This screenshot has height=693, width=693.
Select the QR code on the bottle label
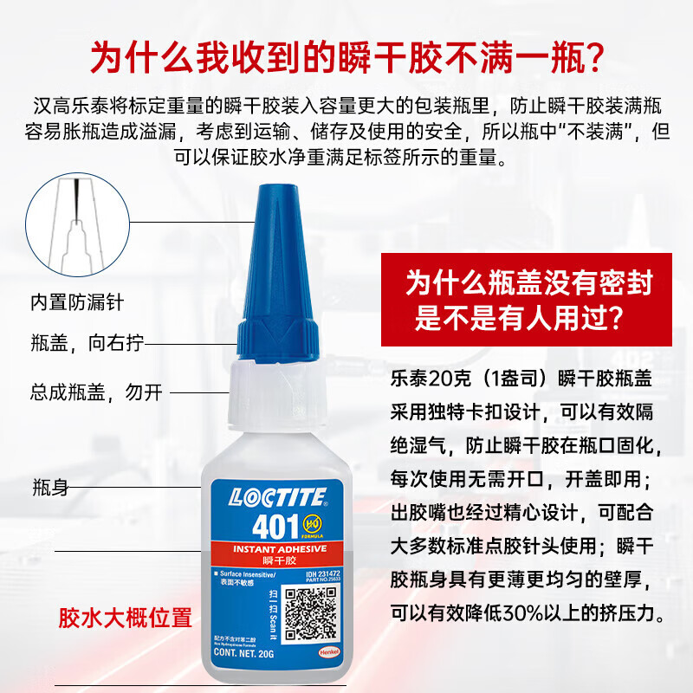point(309,612)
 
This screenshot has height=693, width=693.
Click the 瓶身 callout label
point(49,487)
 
